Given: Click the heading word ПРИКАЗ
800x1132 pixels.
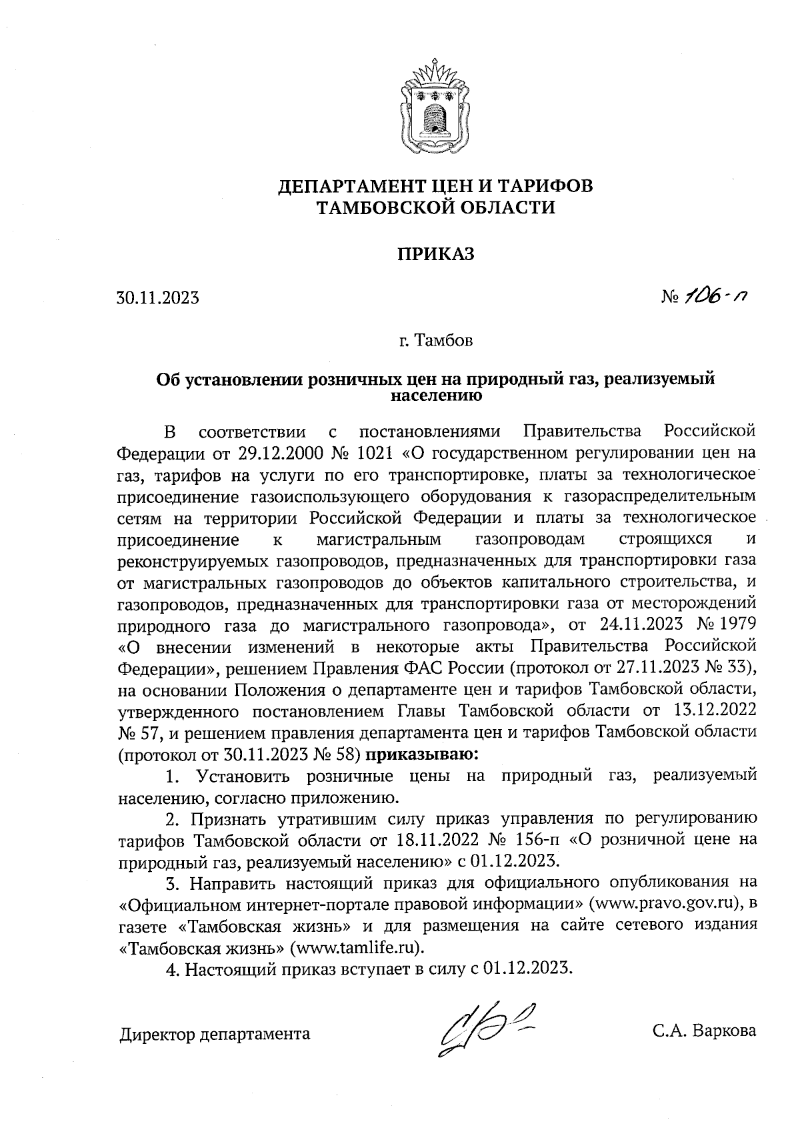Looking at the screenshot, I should tap(435, 254).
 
